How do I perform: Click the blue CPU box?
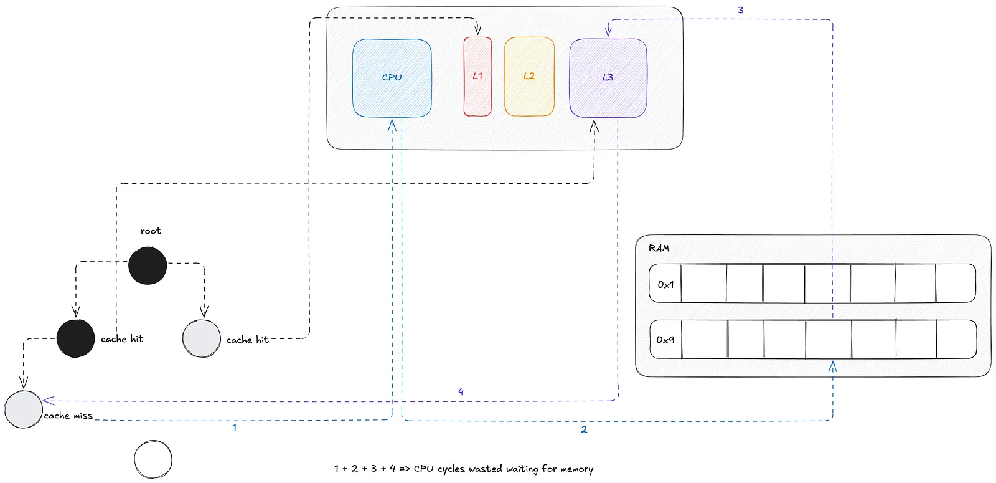coord(392,78)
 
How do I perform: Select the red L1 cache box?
coord(477,77)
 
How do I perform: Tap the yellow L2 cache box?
coord(529,77)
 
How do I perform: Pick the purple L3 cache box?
coord(608,78)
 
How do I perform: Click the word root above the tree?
coord(151,231)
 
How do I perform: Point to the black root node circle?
coord(148,265)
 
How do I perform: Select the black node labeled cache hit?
coord(75,338)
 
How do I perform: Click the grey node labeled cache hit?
coord(202,338)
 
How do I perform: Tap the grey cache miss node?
coord(23,409)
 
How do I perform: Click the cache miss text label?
coord(68,416)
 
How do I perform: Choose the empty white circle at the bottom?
coord(153,459)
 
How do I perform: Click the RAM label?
coord(659,249)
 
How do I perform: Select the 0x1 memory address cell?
coord(665,284)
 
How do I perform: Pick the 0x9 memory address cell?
coord(665,340)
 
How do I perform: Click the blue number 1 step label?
coord(234,428)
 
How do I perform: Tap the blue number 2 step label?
coord(584,429)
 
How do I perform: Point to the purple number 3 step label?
coord(740,10)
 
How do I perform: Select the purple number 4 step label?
coord(461,392)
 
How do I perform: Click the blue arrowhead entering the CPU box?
coord(392,125)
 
